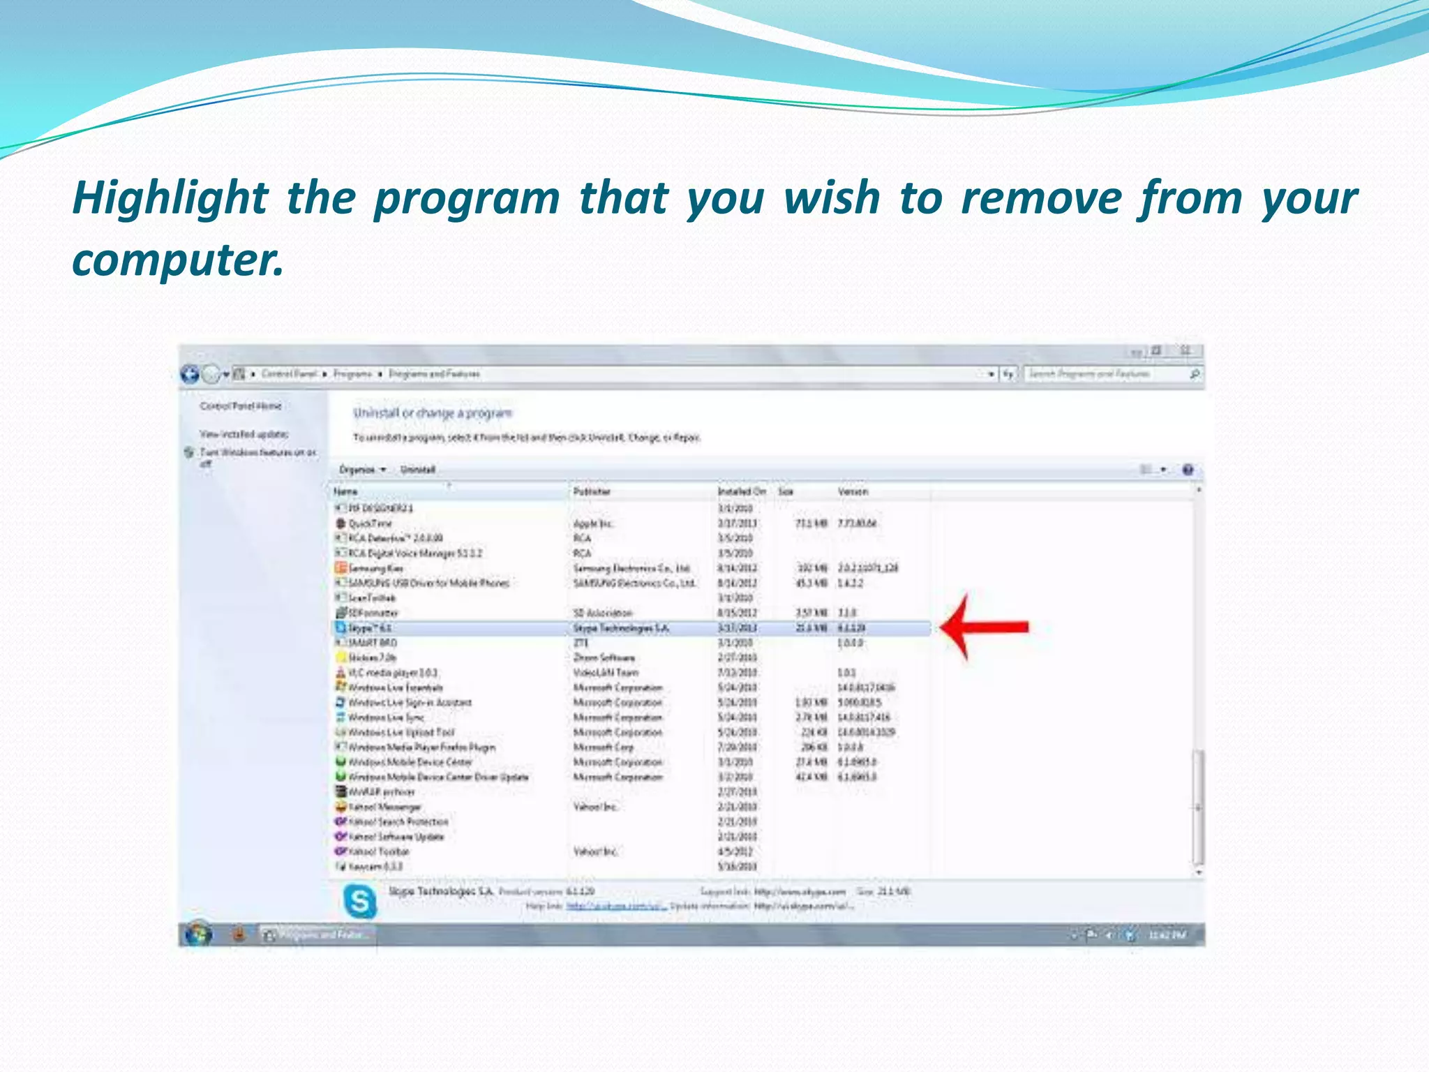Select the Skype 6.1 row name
coord(370,628)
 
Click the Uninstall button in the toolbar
coord(418,470)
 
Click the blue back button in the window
coord(190,374)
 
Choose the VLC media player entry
coord(392,673)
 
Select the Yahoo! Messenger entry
coord(384,807)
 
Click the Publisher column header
coord(592,492)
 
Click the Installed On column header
coord(741,492)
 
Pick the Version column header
coord(853,492)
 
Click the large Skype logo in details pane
coord(360,901)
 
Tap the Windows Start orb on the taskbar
coord(198,934)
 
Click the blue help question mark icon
coord(1188,470)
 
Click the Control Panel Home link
coord(241,406)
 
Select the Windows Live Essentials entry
coord(395,688)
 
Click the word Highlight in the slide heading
coord(171,198)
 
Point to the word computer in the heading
coord(178,260)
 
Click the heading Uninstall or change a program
coord(433,413)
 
